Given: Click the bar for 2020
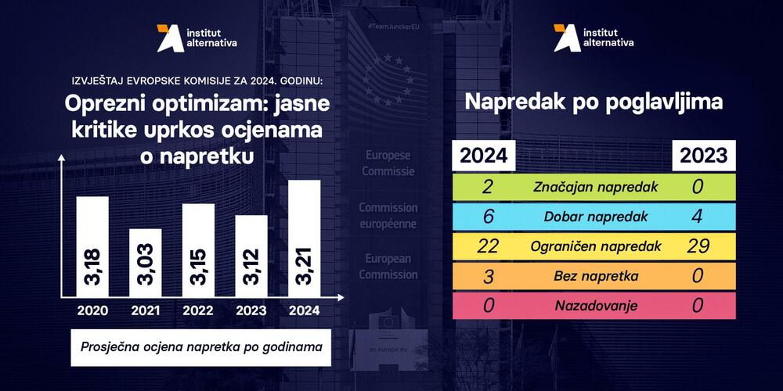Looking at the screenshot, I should point(92,246).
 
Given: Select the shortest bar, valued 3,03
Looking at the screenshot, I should point(146,263).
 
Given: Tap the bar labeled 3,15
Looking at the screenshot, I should point(198,250).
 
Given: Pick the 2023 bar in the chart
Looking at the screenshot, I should point(251,256).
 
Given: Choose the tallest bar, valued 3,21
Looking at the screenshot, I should point(304,239).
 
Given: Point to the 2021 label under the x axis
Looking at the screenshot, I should point(146,310).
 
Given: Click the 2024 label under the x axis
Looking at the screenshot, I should point(304,310).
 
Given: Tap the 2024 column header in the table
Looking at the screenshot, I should point(482,156).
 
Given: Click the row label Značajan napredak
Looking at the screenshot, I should point(595,187).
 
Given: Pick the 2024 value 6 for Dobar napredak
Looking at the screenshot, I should point(489,217).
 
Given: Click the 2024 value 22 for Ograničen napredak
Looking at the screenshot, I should point(489,246).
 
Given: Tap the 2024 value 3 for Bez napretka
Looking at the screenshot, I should point(489,276).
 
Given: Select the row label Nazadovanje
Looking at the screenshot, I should point(595,306).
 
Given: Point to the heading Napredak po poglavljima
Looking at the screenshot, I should point(594,102).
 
